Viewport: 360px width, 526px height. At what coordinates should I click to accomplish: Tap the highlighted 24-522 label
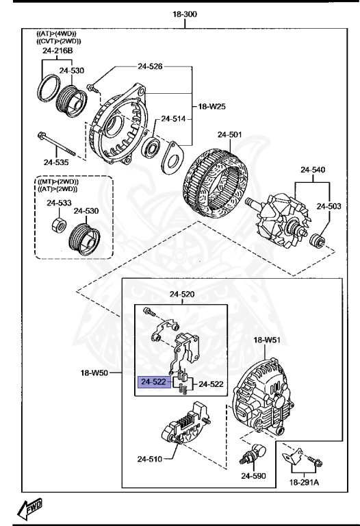(154, 382)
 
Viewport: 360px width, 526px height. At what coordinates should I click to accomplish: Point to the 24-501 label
(230, 135)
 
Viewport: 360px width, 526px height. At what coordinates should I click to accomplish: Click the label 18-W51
(268, 339)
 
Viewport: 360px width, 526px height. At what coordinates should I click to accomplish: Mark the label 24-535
(57, 162)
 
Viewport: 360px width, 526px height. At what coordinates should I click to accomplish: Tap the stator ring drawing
(211, 179)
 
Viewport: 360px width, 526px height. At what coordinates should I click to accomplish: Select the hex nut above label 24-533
(60, 225)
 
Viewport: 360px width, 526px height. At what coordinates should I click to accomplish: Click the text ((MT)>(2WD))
(57, 181)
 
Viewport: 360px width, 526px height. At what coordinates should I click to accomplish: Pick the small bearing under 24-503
(317, 240)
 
